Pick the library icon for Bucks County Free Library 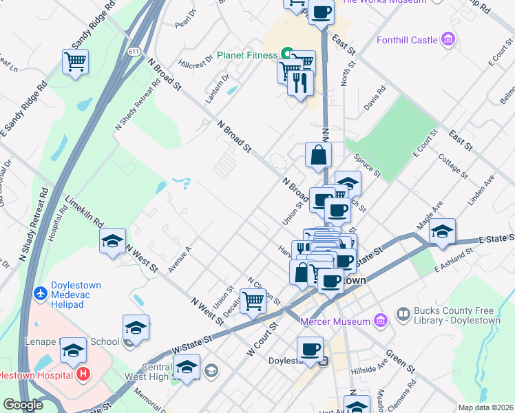tap(403, 315)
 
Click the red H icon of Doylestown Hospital tap(83, 375)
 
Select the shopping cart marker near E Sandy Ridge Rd tap(75, 61)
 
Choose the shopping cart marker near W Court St tap(253, 301)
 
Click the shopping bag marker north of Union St tap(319, 155)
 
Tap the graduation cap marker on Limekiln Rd tap(112, 241)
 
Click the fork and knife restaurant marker tap(299, 83)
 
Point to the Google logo tap(23, 405)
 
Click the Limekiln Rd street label tap(83, 213)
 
